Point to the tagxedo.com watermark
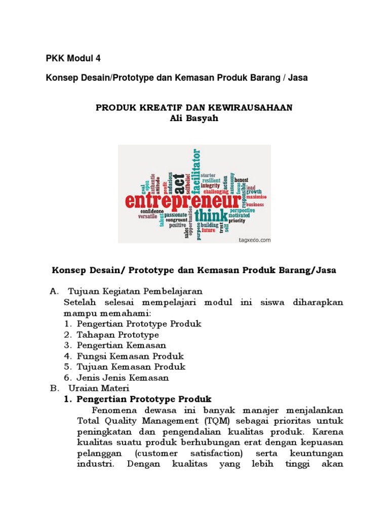[255, 240]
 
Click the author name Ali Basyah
[194, 119]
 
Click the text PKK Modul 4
[73, 58]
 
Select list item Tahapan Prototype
[118, 335]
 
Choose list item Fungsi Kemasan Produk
[130, 356]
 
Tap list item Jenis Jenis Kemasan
[123, 378]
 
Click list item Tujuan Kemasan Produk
[131, 367]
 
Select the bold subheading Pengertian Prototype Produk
[144, 399]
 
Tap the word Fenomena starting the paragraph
[113, 410]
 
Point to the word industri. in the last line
[95, 463]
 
